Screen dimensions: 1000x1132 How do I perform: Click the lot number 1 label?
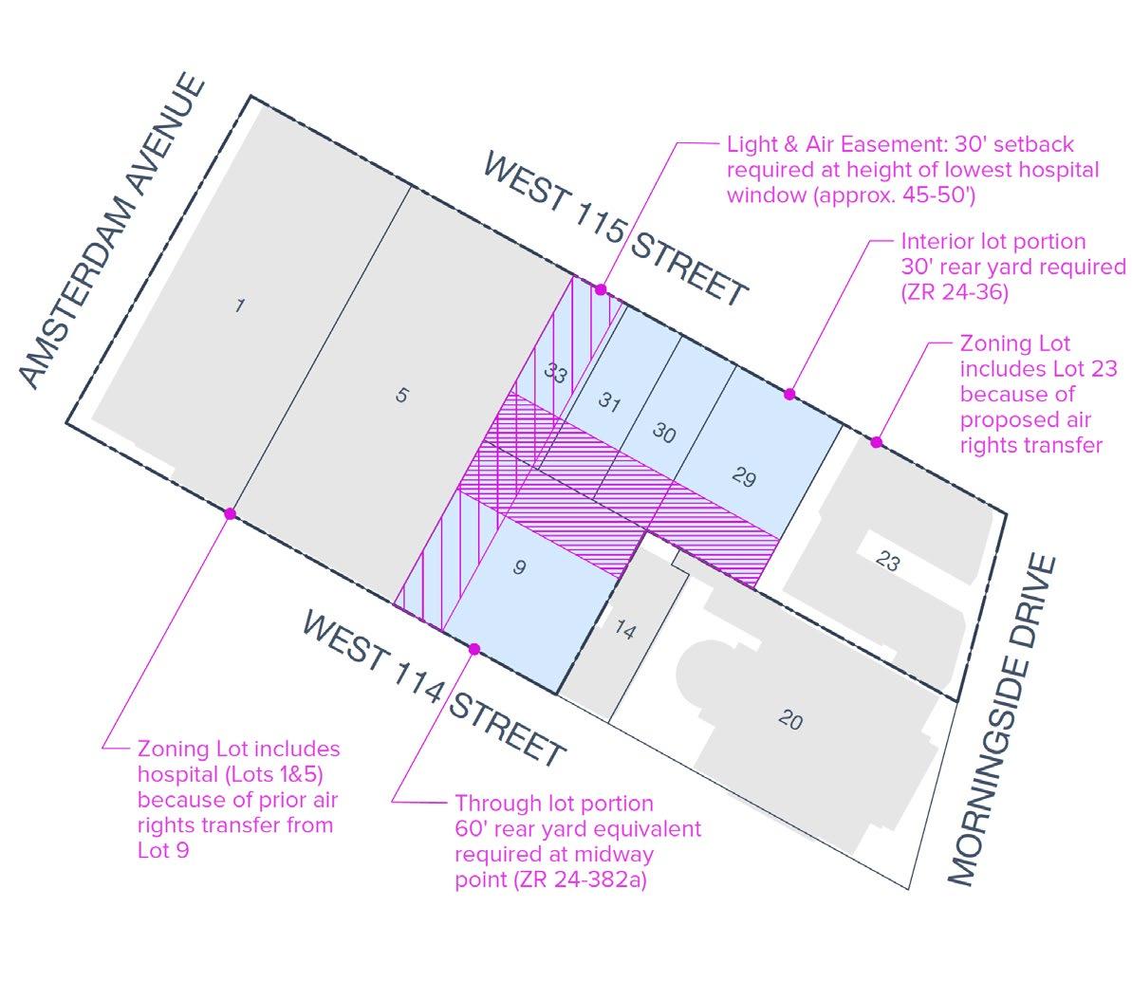pos(239,306)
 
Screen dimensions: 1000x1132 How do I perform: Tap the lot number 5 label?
pos(401,395)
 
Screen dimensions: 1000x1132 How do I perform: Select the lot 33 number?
pos(555,374)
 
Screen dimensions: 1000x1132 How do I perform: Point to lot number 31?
pos(609,403)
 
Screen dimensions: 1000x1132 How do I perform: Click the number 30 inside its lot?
pos(664,433)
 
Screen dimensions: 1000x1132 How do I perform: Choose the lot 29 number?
pos(744,477)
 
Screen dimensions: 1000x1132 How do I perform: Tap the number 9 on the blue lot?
pos(518,567)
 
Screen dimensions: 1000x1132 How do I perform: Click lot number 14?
pos(624,629)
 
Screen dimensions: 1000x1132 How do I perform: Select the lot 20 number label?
pos(789,721)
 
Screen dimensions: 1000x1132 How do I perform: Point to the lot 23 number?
pos(887,562)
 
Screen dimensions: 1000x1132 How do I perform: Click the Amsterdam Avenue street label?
pos(112,232)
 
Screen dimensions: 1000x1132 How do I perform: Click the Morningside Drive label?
pos(1001,721)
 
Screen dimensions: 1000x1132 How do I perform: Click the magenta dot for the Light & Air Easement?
pos(600,289)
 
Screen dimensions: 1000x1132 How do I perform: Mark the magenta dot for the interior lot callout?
pos(789,394)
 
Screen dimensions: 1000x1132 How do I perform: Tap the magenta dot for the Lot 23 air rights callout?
pos(877,442)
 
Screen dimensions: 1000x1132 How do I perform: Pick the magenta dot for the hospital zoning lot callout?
pos(230,513)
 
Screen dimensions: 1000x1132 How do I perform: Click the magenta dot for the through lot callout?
pos(474,649)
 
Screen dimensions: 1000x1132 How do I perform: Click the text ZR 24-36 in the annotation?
pos(955,292)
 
